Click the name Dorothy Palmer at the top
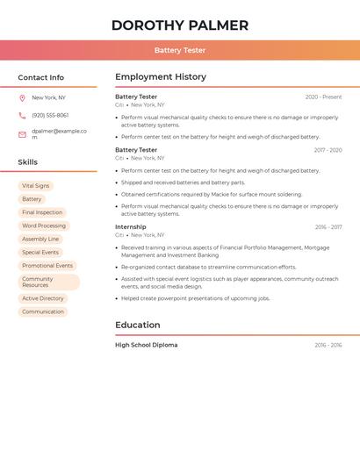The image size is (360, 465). coord(180,25)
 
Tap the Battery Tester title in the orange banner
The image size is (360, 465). coord(180,50)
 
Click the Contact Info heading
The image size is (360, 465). coord(40,77)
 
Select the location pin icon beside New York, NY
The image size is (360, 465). coord(22,98)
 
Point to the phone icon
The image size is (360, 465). coord(22,116)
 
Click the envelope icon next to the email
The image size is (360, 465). coord(22,134)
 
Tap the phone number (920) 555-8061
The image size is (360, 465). coord(50,115)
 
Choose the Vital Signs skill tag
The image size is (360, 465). coord(35,186)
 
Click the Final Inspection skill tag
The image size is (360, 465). coord(42,212)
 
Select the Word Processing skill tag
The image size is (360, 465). coord(44,225)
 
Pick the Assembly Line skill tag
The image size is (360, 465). coord(40,239)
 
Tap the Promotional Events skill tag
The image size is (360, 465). coord(47,265)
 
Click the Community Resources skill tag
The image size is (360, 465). coord(48,282)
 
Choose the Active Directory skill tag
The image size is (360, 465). coord(43,298)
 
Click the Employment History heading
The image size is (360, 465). coord(161,77)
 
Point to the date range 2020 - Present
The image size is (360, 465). coord(323,97)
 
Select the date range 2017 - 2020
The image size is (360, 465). coord(328,150)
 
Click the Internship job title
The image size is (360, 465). coord(131,226)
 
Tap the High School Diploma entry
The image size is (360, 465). coord(146,345)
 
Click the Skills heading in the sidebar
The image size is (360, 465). coord(27,162)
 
